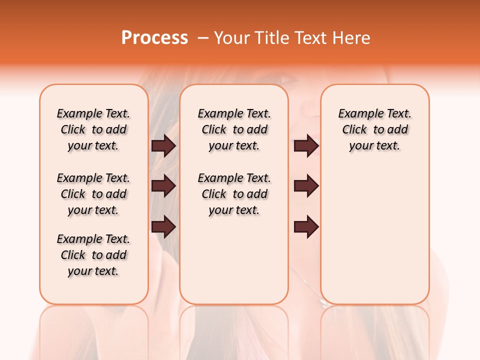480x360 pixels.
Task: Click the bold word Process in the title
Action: point(154,38)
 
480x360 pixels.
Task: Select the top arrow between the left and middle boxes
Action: point(163,146)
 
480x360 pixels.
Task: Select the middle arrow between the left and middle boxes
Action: point(163,186)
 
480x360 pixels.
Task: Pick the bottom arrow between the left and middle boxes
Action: point(163,227)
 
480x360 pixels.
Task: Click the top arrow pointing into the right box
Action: point(306,146)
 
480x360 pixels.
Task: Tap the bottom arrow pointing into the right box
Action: point(306,227)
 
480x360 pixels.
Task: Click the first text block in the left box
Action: point(93,129)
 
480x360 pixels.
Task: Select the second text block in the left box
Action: point(93,194)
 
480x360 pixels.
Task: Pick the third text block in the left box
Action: point(93,255)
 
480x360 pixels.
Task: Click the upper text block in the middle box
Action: point(234,129)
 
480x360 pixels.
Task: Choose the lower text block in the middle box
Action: point(234,194)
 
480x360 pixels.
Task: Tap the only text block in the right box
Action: point(374,129)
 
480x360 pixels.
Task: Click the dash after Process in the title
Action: point(202,38)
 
